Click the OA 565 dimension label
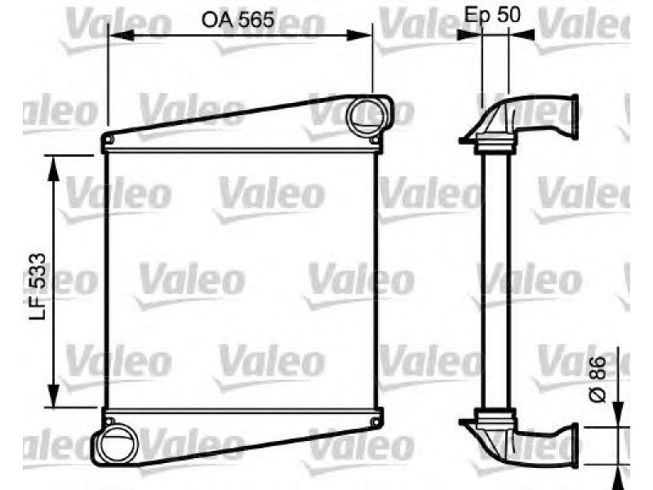coord(238,20)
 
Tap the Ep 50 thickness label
coord(492,15)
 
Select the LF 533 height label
coord(38,287)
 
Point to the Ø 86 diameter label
coord(597,379)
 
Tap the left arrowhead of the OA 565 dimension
coord(121,36)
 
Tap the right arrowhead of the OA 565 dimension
coord(359,35)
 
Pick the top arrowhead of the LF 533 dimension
coord(53,168)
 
